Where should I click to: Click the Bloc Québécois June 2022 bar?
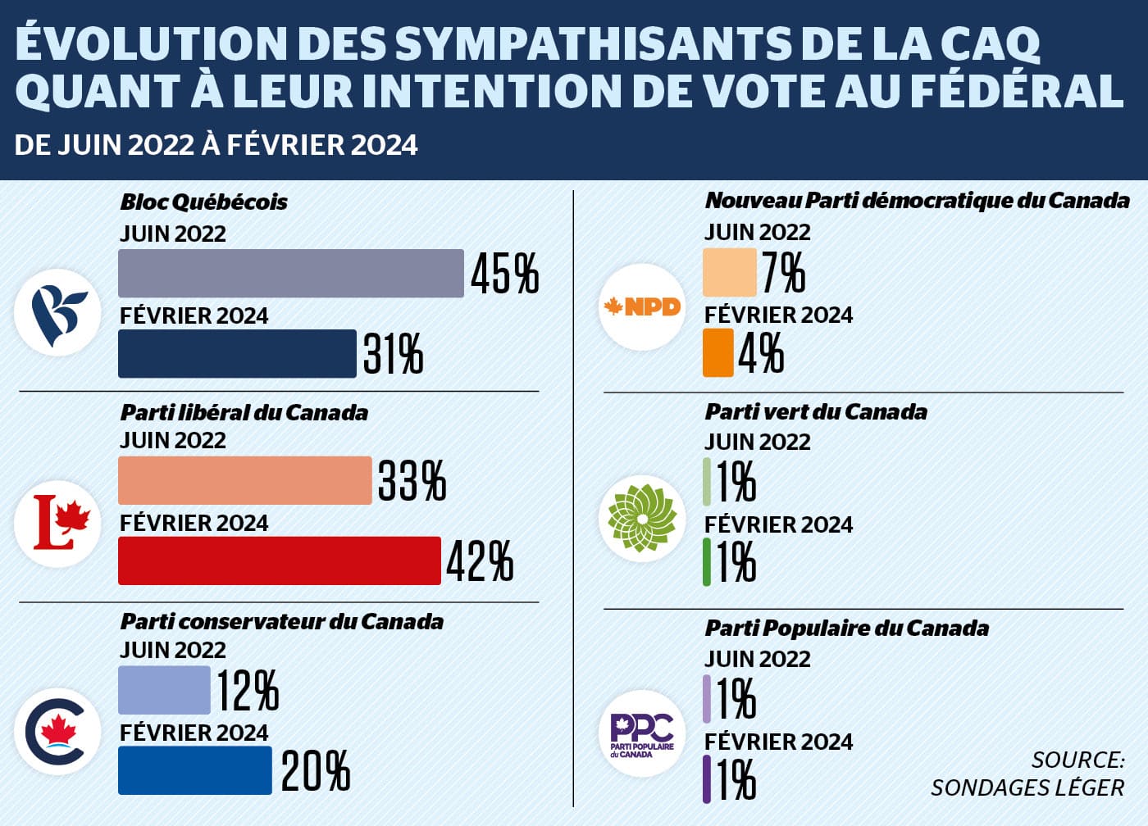click(291, 273)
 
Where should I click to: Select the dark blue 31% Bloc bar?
click(237, 353)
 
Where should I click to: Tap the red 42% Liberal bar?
click(280, 560)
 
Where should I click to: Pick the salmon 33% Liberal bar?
click(245, 480)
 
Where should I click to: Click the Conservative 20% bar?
click(195, 770)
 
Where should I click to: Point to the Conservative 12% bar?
click(164, 690)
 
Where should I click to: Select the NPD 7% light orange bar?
click(729, 272)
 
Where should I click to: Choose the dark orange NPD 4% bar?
click(717, 352)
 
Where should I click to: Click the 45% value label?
click(504, 274)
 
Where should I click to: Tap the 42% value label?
click(480, 561)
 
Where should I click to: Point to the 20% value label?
click(316, 771)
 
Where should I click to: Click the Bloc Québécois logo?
click(57, 312)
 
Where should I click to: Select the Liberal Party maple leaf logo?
click(57, 523)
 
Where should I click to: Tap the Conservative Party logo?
click(57, 732)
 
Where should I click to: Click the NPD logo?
click(642, 307)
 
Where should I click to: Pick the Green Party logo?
click(642, 518)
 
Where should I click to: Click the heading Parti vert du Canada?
click(816, 411)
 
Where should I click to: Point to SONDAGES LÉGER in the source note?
click(1027, 787)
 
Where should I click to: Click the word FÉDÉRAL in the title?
click(1017, 91)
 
